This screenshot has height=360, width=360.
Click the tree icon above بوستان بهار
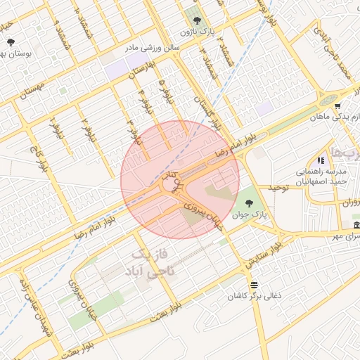pyautogui.click(x=11, y=42)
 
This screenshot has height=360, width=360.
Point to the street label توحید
pyautogui.click(x=276, y=188)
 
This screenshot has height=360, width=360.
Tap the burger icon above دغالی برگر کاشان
pyautogui.click(x=253, y=285)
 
